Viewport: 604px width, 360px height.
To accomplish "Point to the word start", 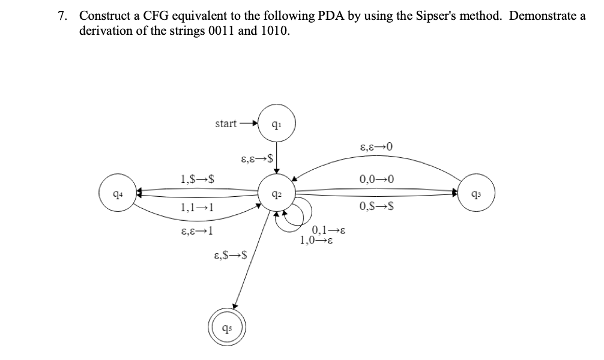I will click(x=226, y=124).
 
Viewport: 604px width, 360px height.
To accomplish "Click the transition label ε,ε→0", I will click(x=377, y=146).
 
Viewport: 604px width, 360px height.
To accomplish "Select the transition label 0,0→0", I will click(x=376, y=179).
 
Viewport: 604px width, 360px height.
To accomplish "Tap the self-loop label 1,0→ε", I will click(x=318, y=241).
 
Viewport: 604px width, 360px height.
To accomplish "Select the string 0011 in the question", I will click(x=217, y=31).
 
